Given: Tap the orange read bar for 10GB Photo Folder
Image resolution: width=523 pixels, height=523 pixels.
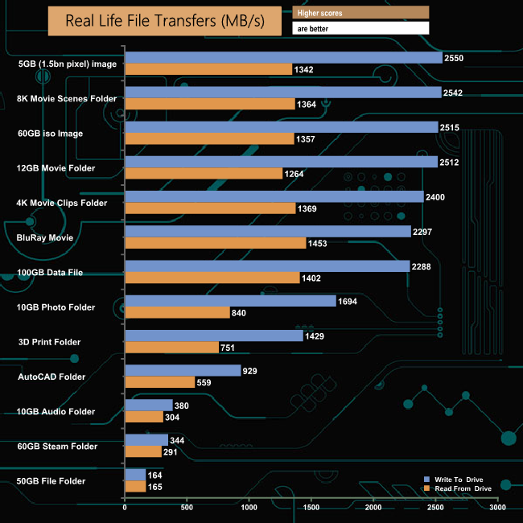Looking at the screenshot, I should point(177,313).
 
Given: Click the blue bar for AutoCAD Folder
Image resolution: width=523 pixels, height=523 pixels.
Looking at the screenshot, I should point(183,370).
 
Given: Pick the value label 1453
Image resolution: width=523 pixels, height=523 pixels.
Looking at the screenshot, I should point(319,243).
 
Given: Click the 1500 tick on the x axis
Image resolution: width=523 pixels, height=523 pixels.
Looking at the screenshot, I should point(311,509).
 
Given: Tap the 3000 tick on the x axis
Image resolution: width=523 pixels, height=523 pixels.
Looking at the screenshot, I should point(497,509).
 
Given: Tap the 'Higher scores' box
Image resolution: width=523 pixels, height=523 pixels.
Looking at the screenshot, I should point(360,12).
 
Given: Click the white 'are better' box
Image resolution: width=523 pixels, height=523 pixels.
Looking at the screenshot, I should point(360,28).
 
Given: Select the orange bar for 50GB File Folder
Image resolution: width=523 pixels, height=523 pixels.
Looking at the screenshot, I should point(135,487).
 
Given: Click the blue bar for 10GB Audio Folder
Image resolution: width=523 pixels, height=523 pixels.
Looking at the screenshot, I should point(149,405).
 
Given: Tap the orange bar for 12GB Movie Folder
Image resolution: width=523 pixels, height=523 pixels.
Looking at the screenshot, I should point(204,174).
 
